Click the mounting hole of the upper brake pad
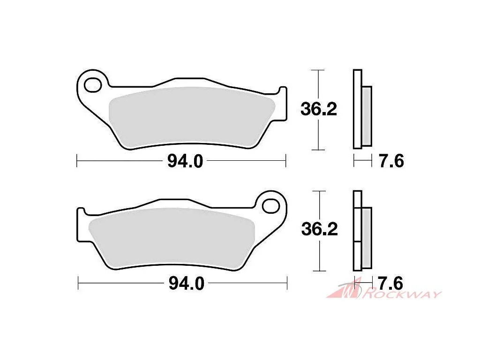(x=93, y=85)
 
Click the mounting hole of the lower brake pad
(x=271, y=206)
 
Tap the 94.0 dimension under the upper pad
(x=185, y=161)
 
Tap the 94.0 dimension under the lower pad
(x=187, y=284)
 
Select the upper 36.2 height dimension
(x=319, y=109)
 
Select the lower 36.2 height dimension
(x=320, y=229)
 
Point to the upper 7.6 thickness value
(x=391, y=161)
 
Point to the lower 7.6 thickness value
(x=390, y=283)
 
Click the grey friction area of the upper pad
(x=191, y=117)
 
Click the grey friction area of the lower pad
(x=172, y=237)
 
